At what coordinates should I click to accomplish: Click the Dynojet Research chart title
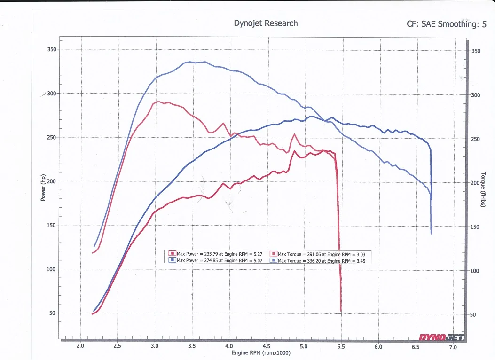266,23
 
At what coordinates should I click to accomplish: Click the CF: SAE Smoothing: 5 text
447,24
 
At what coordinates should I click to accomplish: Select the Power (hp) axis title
43,187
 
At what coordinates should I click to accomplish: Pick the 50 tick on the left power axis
53,313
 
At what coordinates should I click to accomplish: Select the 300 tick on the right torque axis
475,95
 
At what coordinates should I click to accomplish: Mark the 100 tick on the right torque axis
475,271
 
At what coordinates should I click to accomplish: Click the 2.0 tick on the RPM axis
80,346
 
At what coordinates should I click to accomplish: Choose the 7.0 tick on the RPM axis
453,347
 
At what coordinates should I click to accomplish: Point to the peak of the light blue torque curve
189,62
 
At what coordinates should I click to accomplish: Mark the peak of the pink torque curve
160,101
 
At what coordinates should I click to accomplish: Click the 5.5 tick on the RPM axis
341,346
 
